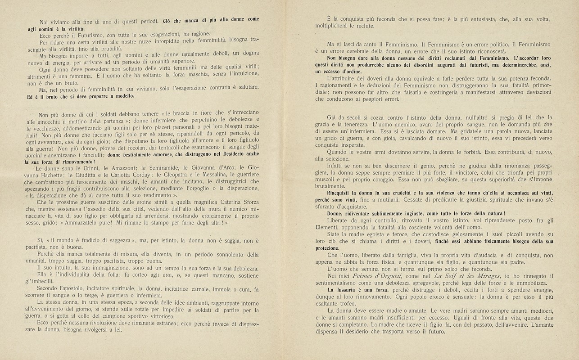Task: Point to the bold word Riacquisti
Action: tap(343, 192)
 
